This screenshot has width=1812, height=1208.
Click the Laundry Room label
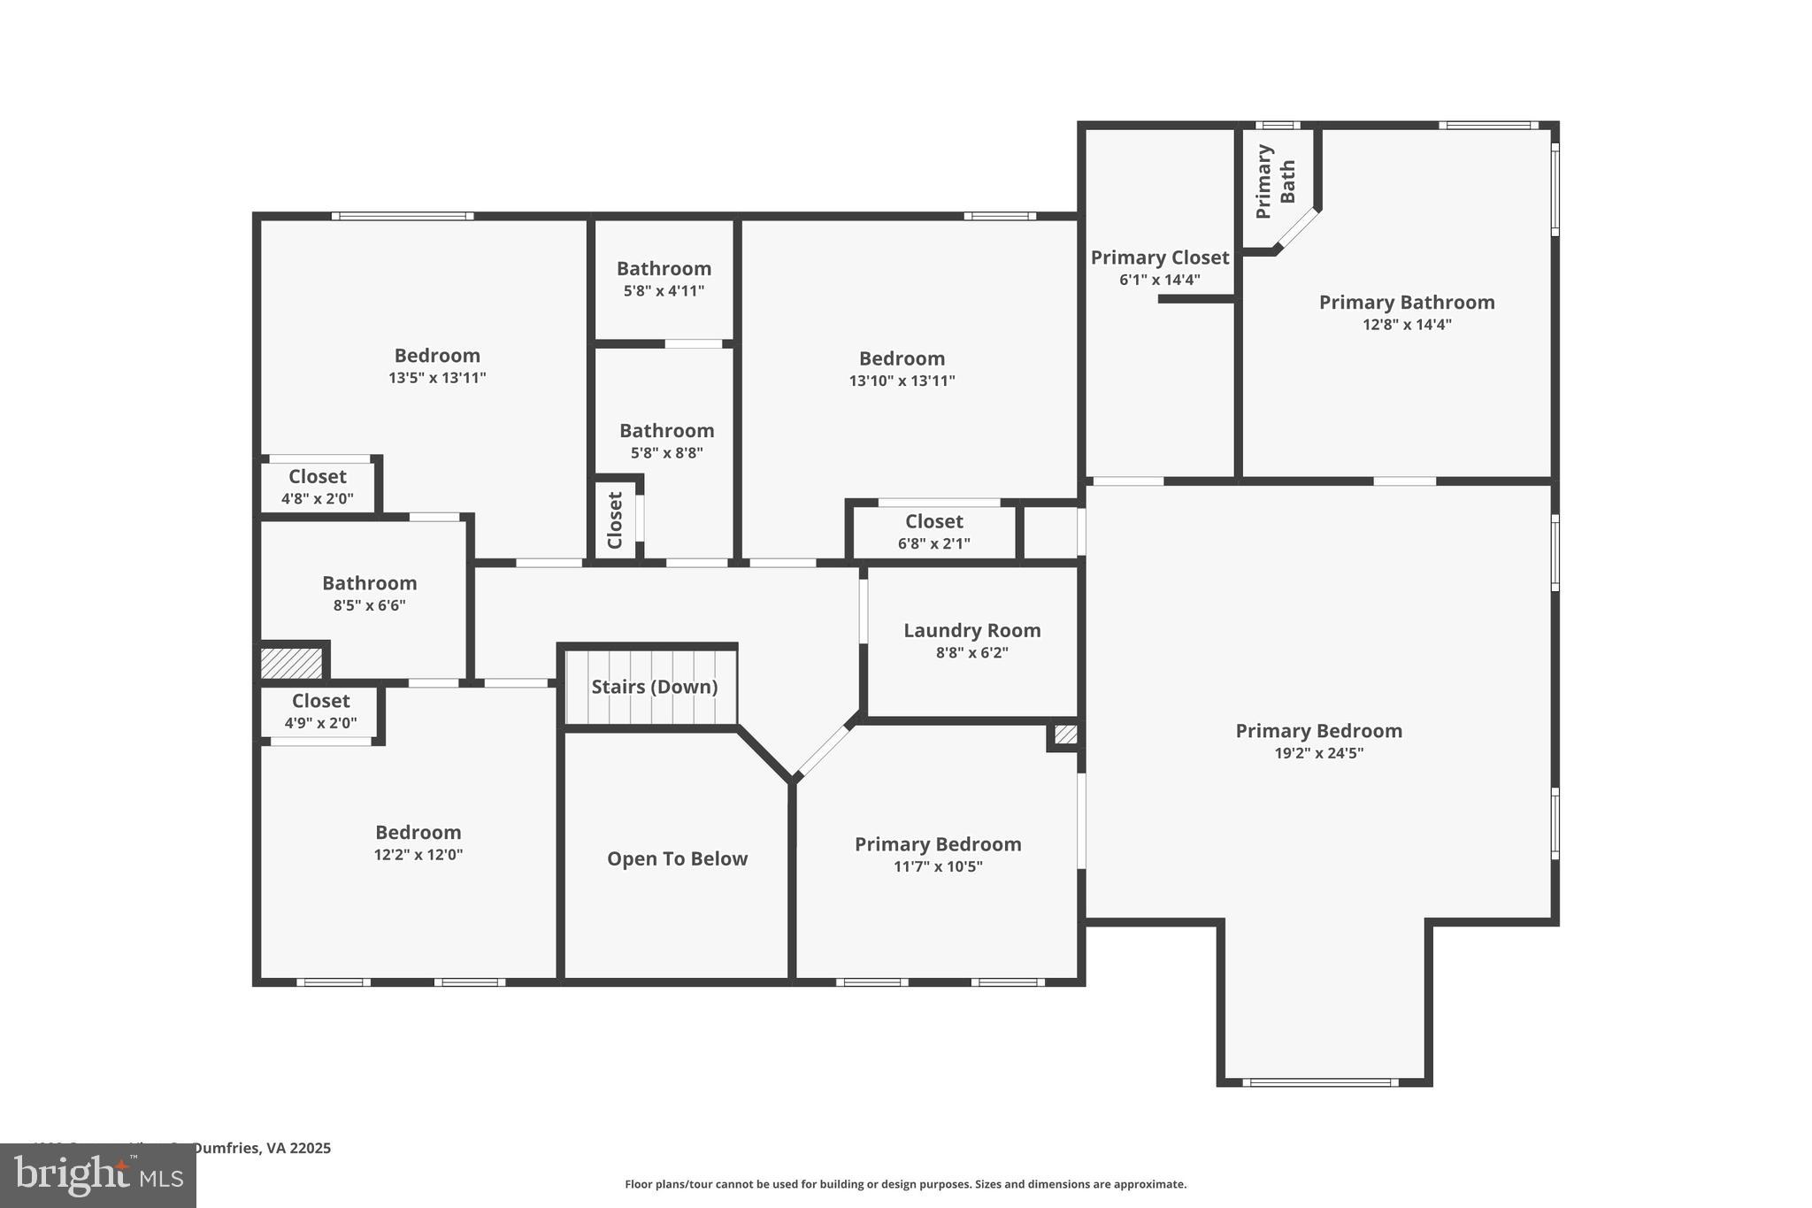coord(971,631)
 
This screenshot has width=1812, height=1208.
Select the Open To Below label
coord(677,858)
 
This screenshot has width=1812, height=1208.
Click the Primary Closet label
coord(1159,258)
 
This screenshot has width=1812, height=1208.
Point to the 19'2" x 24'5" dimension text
coord(1318,753)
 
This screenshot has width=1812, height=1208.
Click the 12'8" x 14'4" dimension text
coord(1407,325)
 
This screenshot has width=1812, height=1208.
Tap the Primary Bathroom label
coord(1407,303)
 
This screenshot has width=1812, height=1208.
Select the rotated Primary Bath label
coord(1276,181)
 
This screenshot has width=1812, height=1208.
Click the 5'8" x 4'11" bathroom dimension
coord(664,290)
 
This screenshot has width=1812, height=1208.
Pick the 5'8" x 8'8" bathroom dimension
coord(666,453)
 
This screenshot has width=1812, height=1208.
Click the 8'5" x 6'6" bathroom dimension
coord(369,605)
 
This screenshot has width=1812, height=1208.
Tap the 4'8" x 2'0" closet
coord(317,488)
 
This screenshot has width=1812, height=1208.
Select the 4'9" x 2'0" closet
coord(320,712)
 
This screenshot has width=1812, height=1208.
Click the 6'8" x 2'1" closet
coord(933,532)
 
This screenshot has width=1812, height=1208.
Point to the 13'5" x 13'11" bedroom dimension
coord(437,378)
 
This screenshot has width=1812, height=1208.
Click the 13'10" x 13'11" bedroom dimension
coord(902,381)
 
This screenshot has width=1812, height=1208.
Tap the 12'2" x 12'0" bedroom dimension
coord(418,855)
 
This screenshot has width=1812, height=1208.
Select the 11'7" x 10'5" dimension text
coord(938,866)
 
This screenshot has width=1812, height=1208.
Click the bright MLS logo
coord(98,1175)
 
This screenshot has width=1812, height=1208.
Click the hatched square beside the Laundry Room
coord(1065,735)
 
